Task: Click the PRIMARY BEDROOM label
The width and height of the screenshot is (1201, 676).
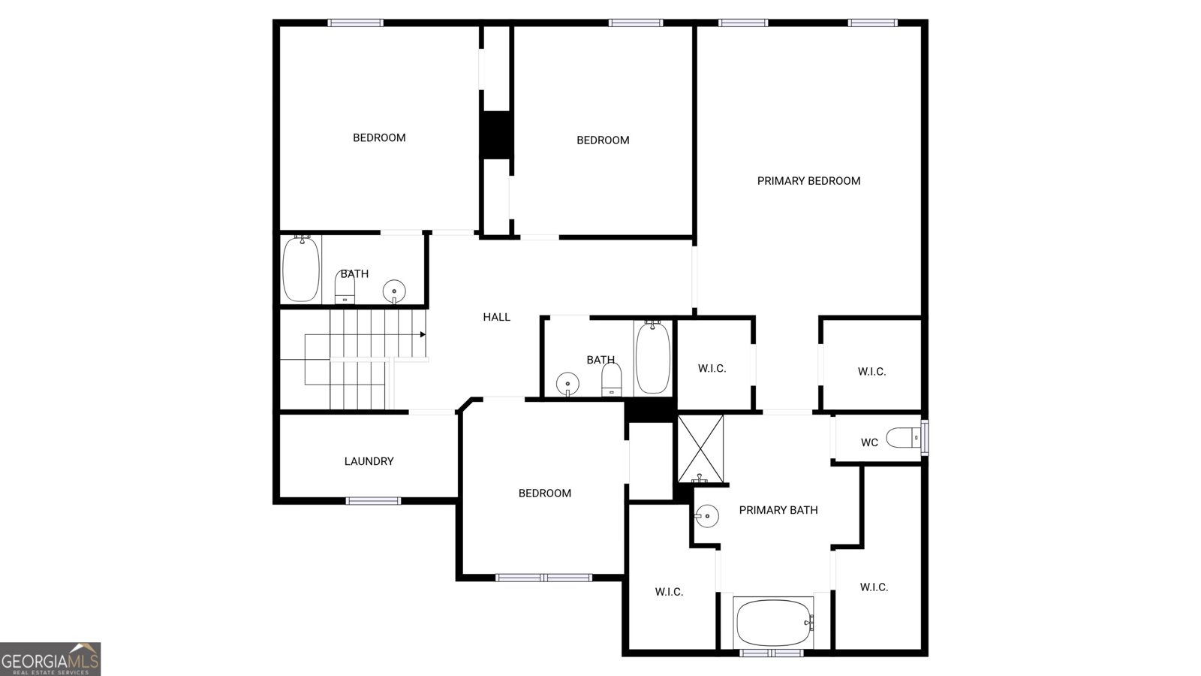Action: pos(808,181)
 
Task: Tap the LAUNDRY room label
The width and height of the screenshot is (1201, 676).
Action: pos(369,461)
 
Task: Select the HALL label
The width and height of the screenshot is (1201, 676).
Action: pos(496,317)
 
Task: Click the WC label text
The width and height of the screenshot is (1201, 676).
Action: pos(869,442)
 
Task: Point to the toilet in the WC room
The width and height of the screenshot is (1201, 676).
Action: pos(902,437)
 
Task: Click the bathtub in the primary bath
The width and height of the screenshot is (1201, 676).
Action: pos(774,622)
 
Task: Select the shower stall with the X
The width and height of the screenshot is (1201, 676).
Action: pos(700,448)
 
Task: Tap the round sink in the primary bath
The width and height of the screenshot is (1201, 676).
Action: pos(706,515)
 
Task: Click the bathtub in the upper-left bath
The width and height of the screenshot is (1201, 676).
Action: pos(301,268)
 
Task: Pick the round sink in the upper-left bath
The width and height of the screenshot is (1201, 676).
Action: pos(394,290)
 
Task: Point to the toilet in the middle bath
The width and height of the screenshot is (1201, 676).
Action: pos(612,379)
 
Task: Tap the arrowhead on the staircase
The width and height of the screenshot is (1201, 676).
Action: pos(423,334)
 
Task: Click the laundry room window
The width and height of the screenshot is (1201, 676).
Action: pos(373,501)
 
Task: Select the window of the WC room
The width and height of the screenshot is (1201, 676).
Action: pos(925,438)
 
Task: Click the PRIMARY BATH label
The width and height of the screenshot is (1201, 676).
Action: pos(778,510)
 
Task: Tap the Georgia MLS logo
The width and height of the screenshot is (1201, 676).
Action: pos(50,659)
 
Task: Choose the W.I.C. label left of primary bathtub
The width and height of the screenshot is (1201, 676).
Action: pos(669,592)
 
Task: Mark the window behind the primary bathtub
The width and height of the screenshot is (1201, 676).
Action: pos(772,653)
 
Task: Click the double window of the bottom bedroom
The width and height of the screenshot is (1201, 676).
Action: pos(543,578)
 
